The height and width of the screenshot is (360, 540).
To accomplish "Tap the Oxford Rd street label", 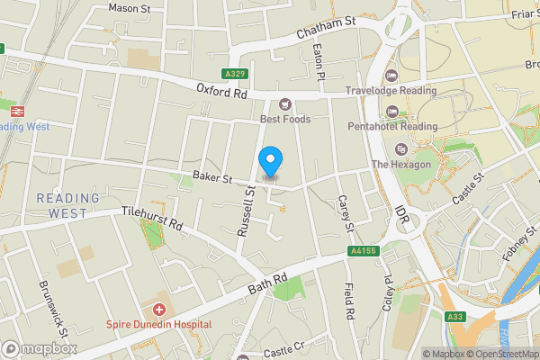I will [x=220, y=90].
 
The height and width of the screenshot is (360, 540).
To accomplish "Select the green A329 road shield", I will [x=234, y=74].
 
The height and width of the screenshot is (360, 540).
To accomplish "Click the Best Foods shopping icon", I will [x=285, y=104].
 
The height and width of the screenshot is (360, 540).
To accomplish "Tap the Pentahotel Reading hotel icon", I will [x=391, y=111].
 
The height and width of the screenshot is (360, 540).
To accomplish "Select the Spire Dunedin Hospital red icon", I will [x=159, y=309].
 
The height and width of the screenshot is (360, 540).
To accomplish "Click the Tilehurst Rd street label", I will [x=152, y=220].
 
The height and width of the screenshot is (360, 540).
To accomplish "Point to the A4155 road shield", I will [x=363, y=254].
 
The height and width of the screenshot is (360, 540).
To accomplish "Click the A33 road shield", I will [x=456, y=316].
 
